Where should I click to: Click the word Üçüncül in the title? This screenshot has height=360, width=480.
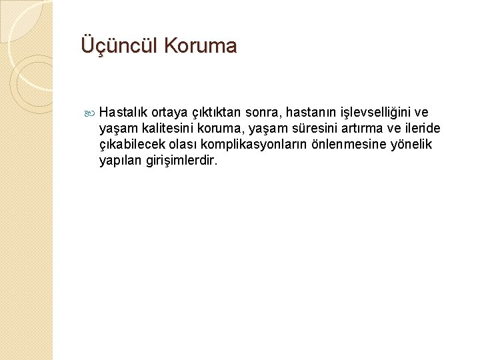click(119, 46)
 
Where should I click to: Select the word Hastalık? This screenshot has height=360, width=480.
click(126, 112)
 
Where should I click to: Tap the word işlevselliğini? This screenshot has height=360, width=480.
click(378, 112)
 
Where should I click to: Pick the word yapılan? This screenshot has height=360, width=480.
click(119, 161)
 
